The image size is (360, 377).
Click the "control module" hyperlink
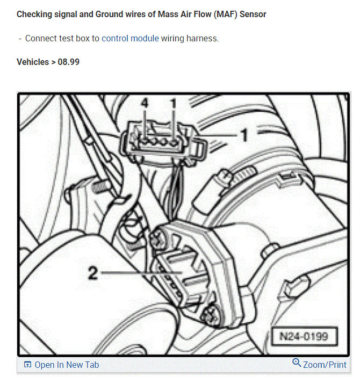pyautogui.click(x=130, y=39)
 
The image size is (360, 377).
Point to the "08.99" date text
pyautogui.click(x=68, y=62)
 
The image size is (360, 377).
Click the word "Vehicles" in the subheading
pyautogui.click(x=33, y=62)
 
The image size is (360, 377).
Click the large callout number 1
pyautogui.click(x=243, y=135)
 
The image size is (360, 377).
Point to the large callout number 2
pyautogui.click(x=93, y=273)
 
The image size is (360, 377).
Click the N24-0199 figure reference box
pyautogui.click(x=303, y=337)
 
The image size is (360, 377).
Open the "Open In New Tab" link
pyautogui.click(x=67, y=365)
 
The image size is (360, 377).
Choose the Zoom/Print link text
pyautogui.click(x=325, y=365)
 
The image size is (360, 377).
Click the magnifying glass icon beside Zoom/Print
pyautogui.click(x=297, y=364)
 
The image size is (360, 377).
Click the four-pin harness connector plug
pyautogui.click(x=160, y=141)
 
